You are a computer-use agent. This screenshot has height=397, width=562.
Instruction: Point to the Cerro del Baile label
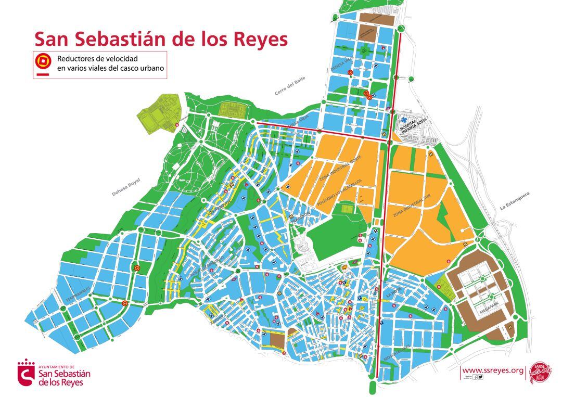(x=290, y=86)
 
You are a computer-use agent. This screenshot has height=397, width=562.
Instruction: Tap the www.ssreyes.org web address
(x=493, y=370)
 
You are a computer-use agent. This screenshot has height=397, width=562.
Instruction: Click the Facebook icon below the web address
(x=475, y=377)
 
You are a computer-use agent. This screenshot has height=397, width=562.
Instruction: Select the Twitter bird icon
(x=480, y=377)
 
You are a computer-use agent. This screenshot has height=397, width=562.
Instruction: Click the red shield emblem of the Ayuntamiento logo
(x=25, y=373)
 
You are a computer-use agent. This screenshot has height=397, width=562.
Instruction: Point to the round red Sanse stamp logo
(x=540, y=372)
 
